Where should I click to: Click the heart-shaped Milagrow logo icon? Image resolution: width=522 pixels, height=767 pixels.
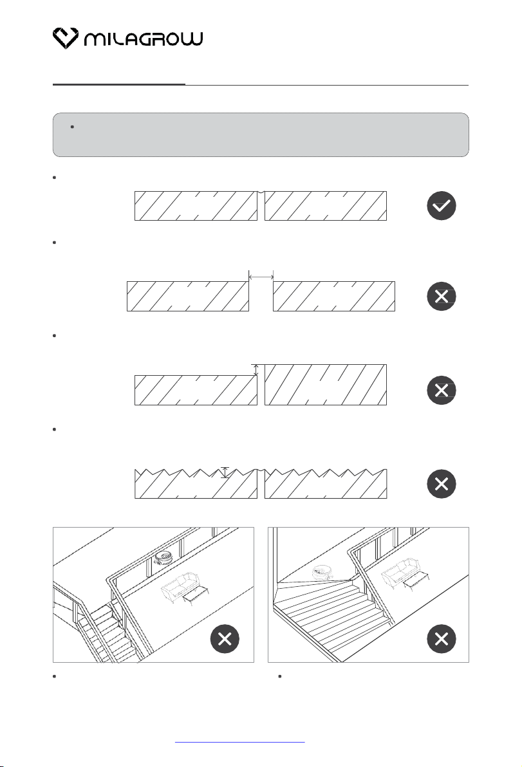point(66,38)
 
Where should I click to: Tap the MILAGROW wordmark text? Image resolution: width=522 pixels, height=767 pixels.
point(143,39)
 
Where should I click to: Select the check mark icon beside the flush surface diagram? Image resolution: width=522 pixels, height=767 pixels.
point(442,205)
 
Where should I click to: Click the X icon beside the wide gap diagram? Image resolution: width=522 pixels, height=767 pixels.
point(442,297)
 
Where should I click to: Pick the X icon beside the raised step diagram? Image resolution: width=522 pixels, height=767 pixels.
point(442,391)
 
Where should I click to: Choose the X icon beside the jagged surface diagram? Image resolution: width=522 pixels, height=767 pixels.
point(442,484)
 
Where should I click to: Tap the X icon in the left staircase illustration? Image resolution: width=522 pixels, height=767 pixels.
point(225,639)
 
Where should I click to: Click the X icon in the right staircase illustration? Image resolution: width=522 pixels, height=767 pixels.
point(442,639)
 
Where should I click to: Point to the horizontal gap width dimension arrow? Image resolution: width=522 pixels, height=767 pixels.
point(261,277)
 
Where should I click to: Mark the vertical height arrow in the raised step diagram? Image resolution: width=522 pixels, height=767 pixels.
point(256,370)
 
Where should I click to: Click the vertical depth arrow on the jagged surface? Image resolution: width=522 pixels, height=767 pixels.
point(225,472)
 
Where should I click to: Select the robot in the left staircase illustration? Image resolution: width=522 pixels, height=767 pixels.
point(164,558)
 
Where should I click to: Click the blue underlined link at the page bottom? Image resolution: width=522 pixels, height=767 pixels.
point(239,742)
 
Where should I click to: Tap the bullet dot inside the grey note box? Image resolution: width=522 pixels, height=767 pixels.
point(72,127)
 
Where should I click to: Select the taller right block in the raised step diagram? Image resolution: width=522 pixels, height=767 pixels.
point(326,385)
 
